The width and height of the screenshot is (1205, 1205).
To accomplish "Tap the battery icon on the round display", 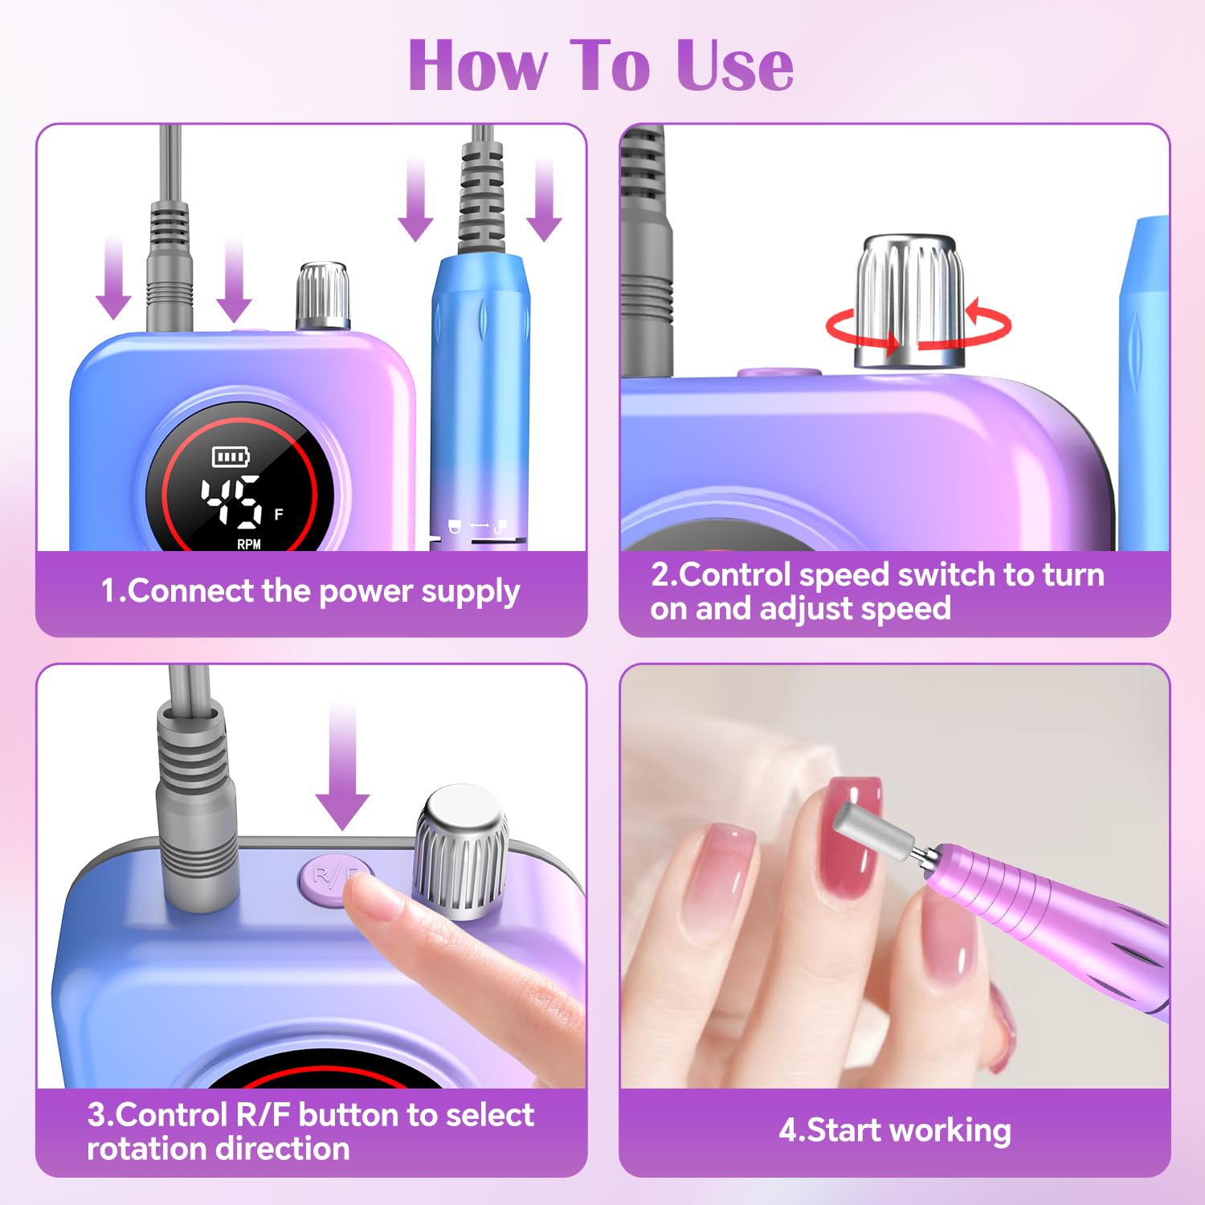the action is (231, 457).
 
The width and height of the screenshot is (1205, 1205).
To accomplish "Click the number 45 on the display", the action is (231, 501).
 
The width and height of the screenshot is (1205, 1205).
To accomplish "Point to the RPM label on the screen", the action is (249, 544).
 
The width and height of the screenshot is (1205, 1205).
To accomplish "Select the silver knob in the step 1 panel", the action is (323, 295).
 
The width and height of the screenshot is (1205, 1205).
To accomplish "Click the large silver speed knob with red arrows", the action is (910, 301).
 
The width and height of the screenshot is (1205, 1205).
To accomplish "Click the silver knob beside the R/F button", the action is (460, 852).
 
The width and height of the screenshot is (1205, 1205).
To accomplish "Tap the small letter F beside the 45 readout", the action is (279, 514).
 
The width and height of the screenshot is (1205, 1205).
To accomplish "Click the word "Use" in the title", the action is (734, 66).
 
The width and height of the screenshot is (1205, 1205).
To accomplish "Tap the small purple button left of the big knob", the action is (779, 373).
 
